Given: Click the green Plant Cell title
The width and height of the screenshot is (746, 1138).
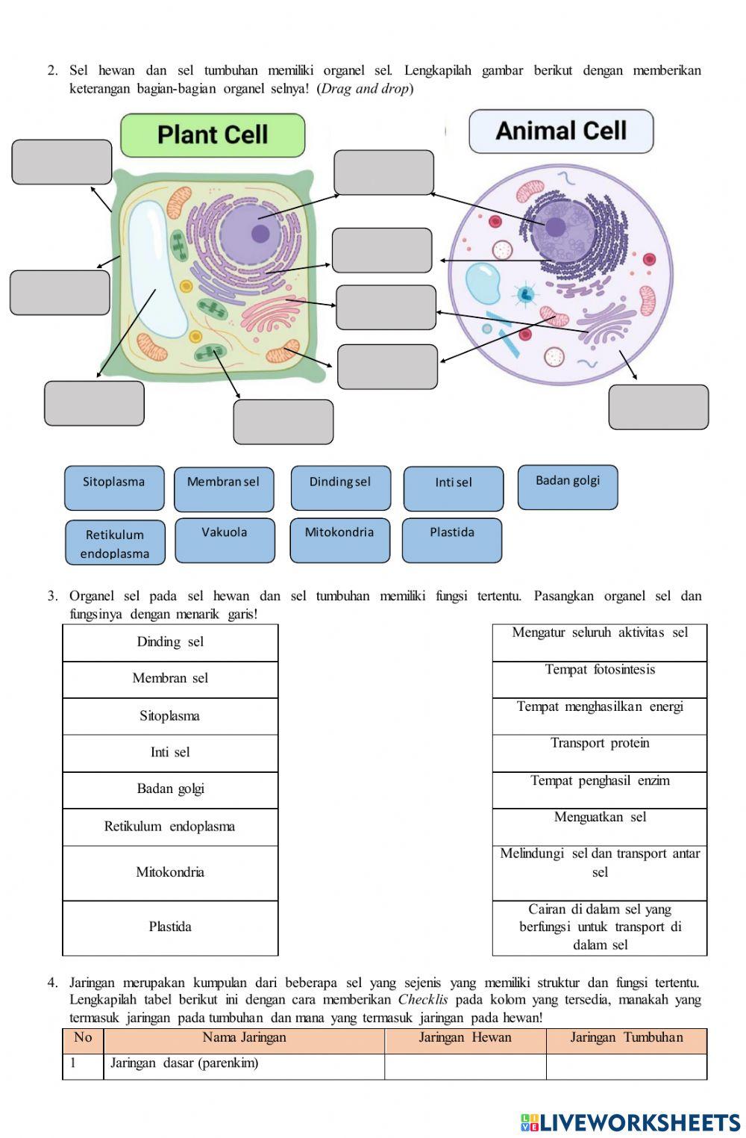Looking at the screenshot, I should (213, 135).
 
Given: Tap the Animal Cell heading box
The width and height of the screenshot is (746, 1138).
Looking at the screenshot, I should (561, 131).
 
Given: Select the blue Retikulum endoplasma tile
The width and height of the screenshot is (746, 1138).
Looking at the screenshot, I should (115, 543).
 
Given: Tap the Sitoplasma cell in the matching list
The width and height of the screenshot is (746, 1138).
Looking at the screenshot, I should (170, 716).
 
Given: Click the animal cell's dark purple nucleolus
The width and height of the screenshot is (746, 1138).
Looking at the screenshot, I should (555, 227).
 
